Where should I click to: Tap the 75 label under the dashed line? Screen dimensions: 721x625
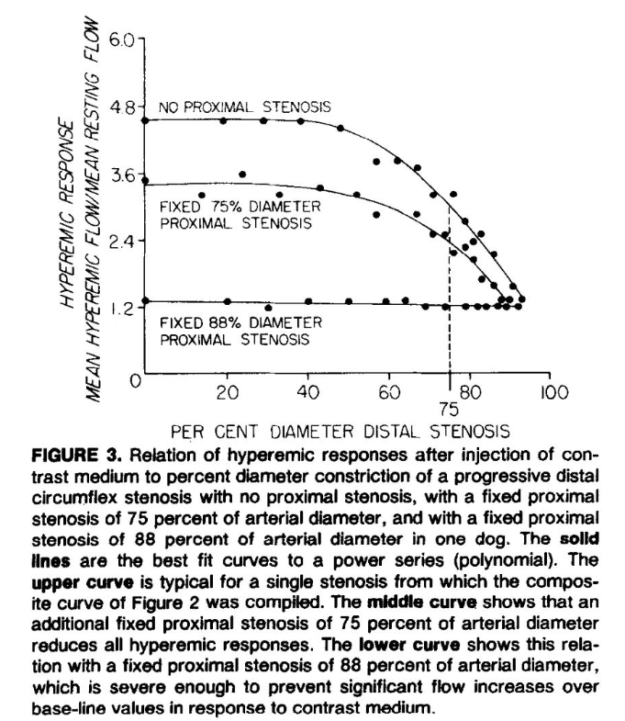click(449, 408)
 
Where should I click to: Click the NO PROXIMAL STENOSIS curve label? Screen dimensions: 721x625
click(244, 107)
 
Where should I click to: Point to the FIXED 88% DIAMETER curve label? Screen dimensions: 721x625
click(240, 322)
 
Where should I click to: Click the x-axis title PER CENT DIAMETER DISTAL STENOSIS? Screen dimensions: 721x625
click(340, 429)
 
